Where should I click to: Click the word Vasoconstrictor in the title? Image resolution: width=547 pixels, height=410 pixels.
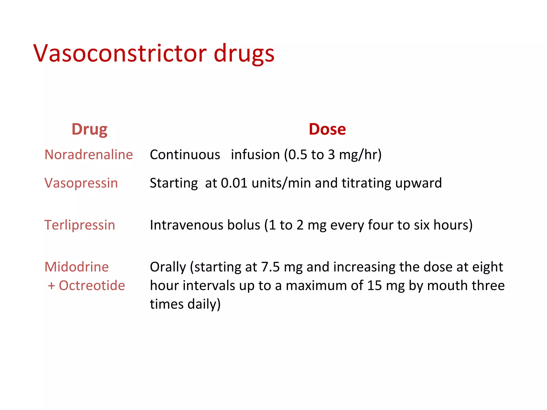(x=120, y=53)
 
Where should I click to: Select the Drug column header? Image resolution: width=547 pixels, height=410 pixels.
(x=89, y=129)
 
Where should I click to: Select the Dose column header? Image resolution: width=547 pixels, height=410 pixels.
(x=327, y=129)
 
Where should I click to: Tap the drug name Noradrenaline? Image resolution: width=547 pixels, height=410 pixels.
(x=89, y=155)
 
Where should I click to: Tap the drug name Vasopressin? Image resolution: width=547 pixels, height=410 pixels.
(x=81, y=183)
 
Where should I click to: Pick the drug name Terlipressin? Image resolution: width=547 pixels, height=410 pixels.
(x=80, y=225)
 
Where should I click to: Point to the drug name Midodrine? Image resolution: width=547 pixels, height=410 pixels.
(x=77, y=267)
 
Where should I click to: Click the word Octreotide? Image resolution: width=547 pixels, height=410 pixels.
(x=92, y=286)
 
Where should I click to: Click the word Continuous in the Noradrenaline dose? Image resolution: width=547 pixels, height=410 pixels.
(x=185, y=155)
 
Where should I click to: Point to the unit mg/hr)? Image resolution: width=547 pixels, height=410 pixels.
(x=360, y=155)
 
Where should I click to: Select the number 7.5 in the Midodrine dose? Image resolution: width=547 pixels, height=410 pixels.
(x=270, y=267)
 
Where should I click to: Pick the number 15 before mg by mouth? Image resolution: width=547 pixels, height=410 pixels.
(x=374, y=286)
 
